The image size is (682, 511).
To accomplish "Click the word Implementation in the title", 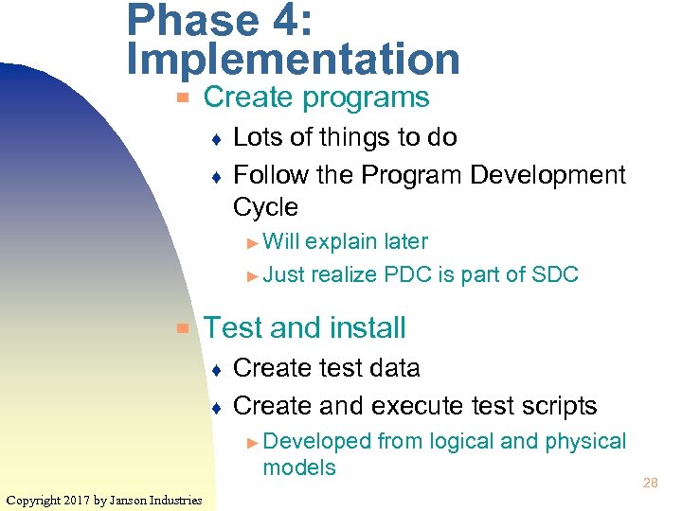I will (x=293, y=59).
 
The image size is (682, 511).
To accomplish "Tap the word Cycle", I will (x=265, y=207).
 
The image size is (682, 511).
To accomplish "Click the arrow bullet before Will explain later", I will (x=252, y=242).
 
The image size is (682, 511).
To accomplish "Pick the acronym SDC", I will (x=554, y=275).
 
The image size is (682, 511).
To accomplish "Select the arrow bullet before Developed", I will (x=252, y=442).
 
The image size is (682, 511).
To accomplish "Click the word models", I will (x=299, y=467).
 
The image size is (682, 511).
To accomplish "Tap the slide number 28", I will (x=651, y=484).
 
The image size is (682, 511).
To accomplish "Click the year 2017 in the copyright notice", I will (x=76, y=500).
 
